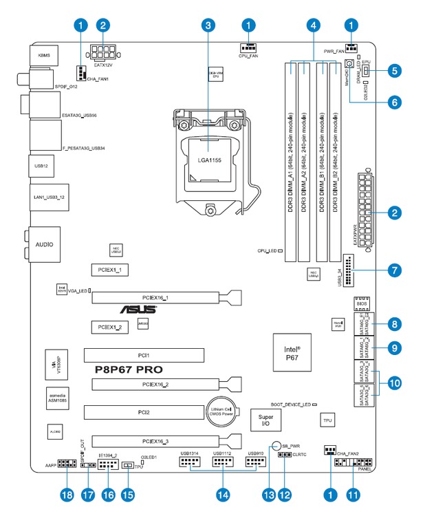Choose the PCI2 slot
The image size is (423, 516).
tap(144, 412)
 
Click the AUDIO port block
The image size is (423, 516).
tap(45, 244)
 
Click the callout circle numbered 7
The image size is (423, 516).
tap(394, 270)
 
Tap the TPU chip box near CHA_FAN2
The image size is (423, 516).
tap(328, 418)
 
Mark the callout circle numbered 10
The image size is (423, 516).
tap(394, 383)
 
